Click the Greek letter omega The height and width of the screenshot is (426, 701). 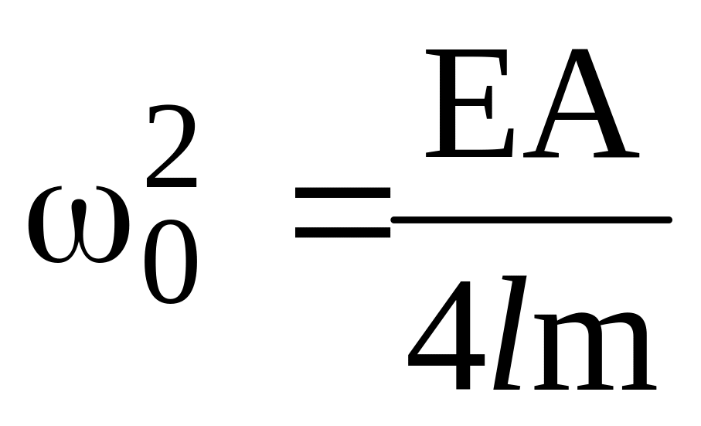(79, 225)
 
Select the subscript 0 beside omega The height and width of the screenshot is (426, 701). (171, 262)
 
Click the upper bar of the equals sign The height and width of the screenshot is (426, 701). (342, 193)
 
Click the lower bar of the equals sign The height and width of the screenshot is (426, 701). (342, 233)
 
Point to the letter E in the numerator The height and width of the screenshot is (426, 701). (469, 103)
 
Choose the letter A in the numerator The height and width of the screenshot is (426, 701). (581, 103)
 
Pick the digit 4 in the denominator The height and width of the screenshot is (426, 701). (446, 336)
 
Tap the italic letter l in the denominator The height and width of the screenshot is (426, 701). (509, 332)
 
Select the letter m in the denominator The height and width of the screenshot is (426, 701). (594, 351)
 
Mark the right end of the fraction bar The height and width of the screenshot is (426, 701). (669, 220)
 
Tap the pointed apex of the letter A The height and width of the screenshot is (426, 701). (580, 50)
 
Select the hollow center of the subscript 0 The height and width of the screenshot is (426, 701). (171, 262)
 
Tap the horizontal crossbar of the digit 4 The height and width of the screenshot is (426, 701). (446, 360)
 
